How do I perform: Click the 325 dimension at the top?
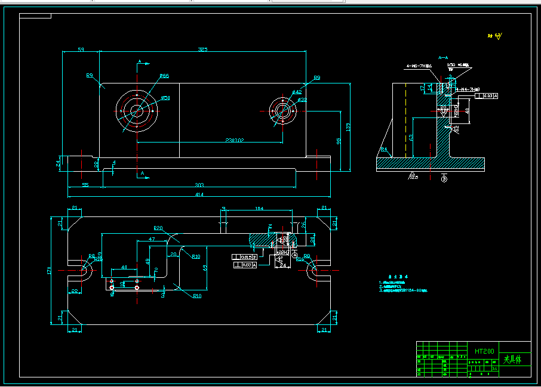click(x=203, y=49)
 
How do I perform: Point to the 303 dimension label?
click(x=199, y=185)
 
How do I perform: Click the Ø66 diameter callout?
click(x=164, y=76)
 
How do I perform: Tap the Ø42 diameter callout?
click(x=297, y=92)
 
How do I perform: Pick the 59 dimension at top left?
click(x=81, y=49)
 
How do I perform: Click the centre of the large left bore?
click(x=137, y=110)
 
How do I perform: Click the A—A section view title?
click(x=443, y=57)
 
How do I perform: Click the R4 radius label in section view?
click(x=383, y=149)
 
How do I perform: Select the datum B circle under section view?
click(x=444, y=178)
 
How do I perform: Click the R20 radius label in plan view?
click(x=158, y=228)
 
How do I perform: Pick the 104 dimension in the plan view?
click(x=259, y=208)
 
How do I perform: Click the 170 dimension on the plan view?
click(x=50, y=271)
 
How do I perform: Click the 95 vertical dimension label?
click(x=339, y=141)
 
